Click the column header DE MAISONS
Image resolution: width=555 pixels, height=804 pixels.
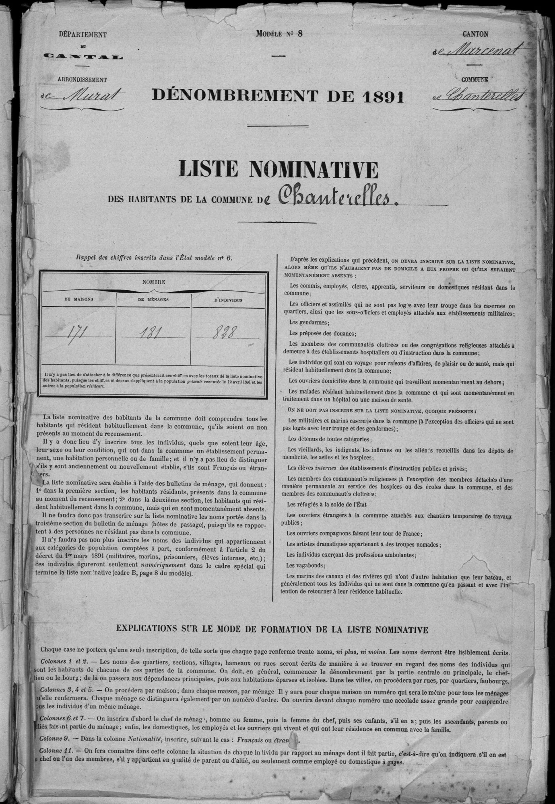click(x=79, y=299)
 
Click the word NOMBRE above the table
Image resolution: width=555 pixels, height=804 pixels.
click(x=153, y=282)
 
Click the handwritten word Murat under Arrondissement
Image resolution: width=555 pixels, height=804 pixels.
click(x=97, y=96)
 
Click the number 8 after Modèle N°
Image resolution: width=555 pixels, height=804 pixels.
click(x=299, y=33)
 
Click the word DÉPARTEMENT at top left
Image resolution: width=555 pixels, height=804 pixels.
click(x=83, y=35)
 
